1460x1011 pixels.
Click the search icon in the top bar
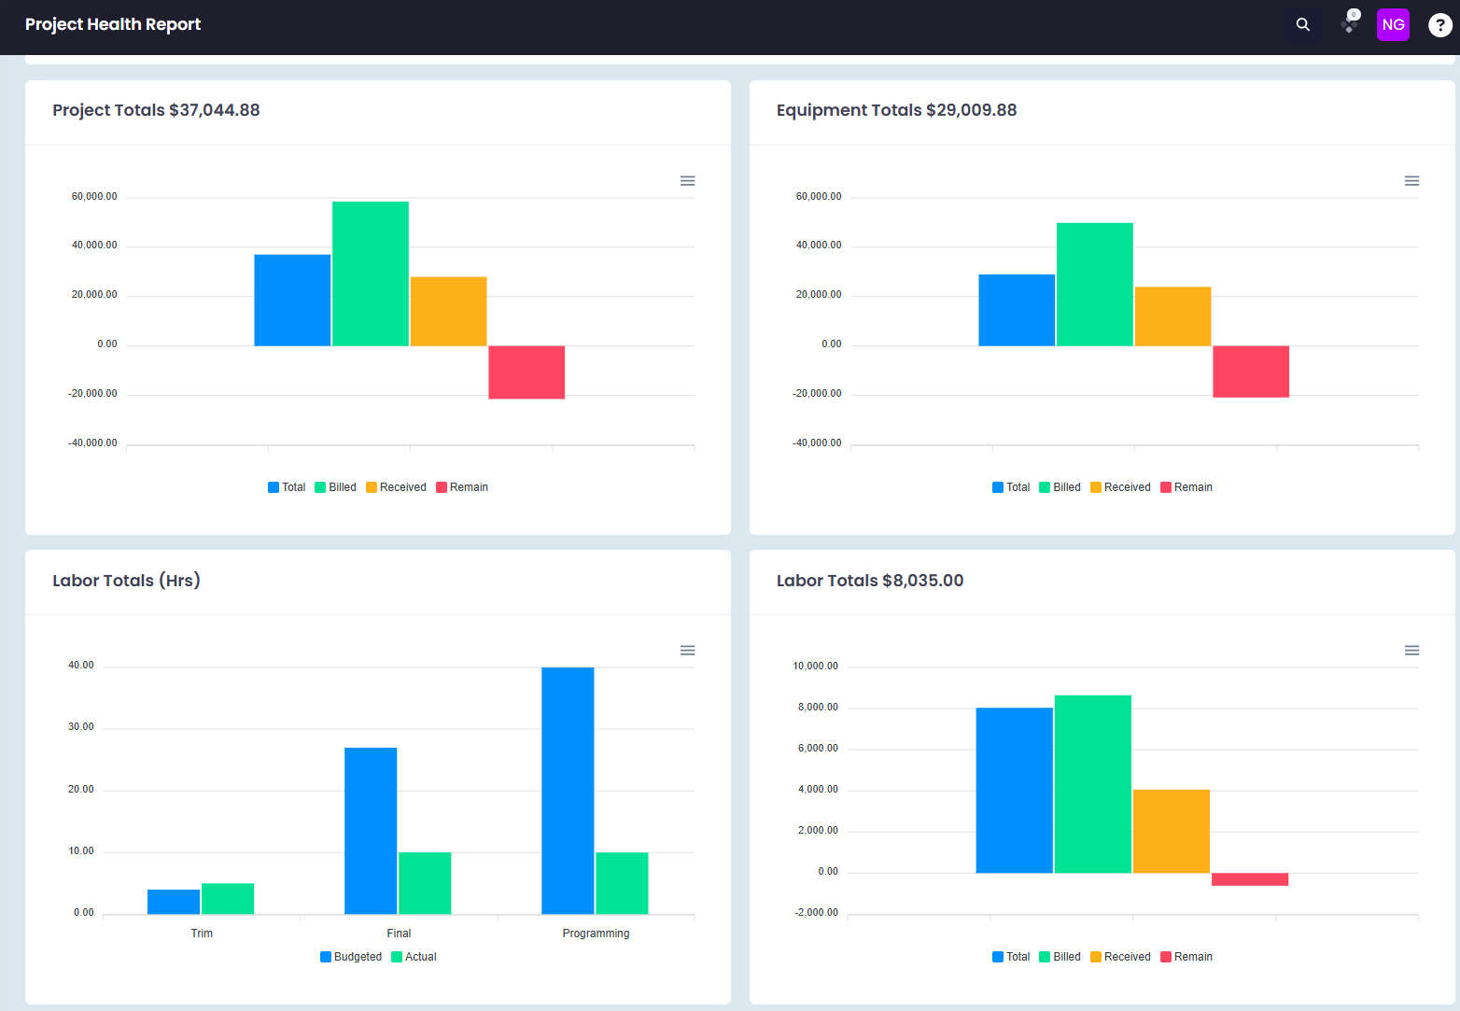pyautogui.click(x=1302, y=25)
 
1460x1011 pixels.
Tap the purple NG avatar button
pyautogui.click(x=1393, y=25)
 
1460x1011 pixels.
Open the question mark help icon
pyautogui.click(x=1439, y=25)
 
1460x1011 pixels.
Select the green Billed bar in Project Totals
pyautogui.click(x=371, y=274)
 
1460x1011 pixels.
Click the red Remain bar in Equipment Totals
pyautogui.click(x=1251, y=372)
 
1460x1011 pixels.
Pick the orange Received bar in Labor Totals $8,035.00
pyautogui.click(x=1172, y=831)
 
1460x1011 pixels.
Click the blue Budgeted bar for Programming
pyautogui.click(x=568, y=791)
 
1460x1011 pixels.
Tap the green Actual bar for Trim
pyautogui.click(x=228, y=899)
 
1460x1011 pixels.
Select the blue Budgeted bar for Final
pyautogui.click(x=371, y=831)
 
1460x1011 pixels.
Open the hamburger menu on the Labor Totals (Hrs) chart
pyautogui.click(x=687, y=651)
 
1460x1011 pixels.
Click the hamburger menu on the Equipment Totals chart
pyautogui.click(x=1411, y=181)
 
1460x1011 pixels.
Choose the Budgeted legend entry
pyautogui.click(x=351, y=957)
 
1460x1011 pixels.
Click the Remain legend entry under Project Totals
pyautogui.click(x=461, y=487)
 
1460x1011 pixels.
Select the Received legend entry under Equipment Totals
pyautogui.click(x=1120, y=487)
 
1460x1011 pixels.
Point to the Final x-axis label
pyautogui.click(x=399, y=934)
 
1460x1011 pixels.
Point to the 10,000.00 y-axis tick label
pyautogui.click(x=815, y=667)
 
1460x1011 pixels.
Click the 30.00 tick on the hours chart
pyautogui.click(x=81, y=727)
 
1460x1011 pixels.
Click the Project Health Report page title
pyautogui.click(x=113, y=24)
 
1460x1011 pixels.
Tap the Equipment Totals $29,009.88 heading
pyautogui.click(x=896, y=110)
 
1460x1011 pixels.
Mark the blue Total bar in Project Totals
pyautogui.click(x=292, y=301)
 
